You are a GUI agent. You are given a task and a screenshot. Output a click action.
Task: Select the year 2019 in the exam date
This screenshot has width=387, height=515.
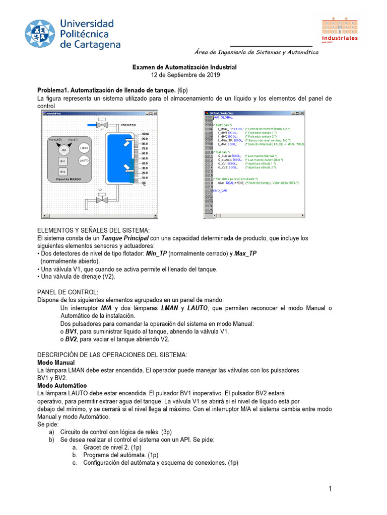click(x=212, y=75)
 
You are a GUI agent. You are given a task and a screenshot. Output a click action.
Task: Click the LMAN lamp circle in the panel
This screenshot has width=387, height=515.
click(x=84, y=148)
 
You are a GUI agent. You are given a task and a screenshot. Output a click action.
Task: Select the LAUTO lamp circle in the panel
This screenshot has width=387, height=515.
click(x=84, y=160)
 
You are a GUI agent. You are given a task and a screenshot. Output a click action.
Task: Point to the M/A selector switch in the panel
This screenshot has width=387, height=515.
click(x=63, y=149)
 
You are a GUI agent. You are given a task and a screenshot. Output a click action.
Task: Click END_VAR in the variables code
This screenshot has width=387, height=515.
click(x=220, y=191)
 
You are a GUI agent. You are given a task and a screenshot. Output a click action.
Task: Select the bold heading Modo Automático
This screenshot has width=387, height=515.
click(x=62, y=385)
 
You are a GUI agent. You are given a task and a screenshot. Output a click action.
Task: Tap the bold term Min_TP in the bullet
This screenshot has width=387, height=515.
click(x=156, y=254)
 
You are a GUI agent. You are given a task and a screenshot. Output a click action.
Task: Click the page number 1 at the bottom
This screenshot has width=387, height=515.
click(x=330, y=489)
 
